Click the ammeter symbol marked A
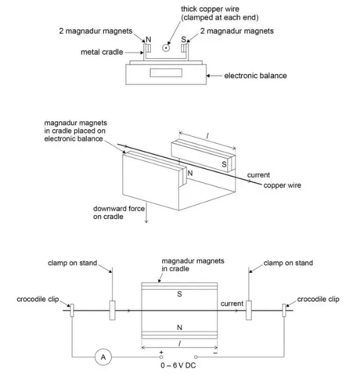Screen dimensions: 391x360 [x=103, y=357]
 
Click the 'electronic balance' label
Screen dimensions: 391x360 [x=255, y=76]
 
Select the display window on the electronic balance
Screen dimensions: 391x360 [x=166, y=73]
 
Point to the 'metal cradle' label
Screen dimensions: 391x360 [x=102, y=52]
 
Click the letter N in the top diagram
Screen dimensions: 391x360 [x=148, y=39]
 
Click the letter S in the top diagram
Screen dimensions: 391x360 [x=184, y=39]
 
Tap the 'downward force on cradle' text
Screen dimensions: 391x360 [x=119, y=212]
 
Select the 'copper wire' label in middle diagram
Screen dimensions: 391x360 [x=282, y=185]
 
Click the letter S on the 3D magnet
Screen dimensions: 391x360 [x=224, y=165]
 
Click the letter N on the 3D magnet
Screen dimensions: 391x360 [x=190, y=173]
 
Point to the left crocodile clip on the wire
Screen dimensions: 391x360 [x=72, y=310]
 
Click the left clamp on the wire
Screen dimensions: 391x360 [x=112, y=310]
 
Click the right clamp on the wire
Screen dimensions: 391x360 [x=249, y=310]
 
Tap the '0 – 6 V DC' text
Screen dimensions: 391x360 [x=178, y=365]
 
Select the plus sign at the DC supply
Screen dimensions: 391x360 [x=161, y=353]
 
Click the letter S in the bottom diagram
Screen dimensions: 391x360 [x=179, y=294]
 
